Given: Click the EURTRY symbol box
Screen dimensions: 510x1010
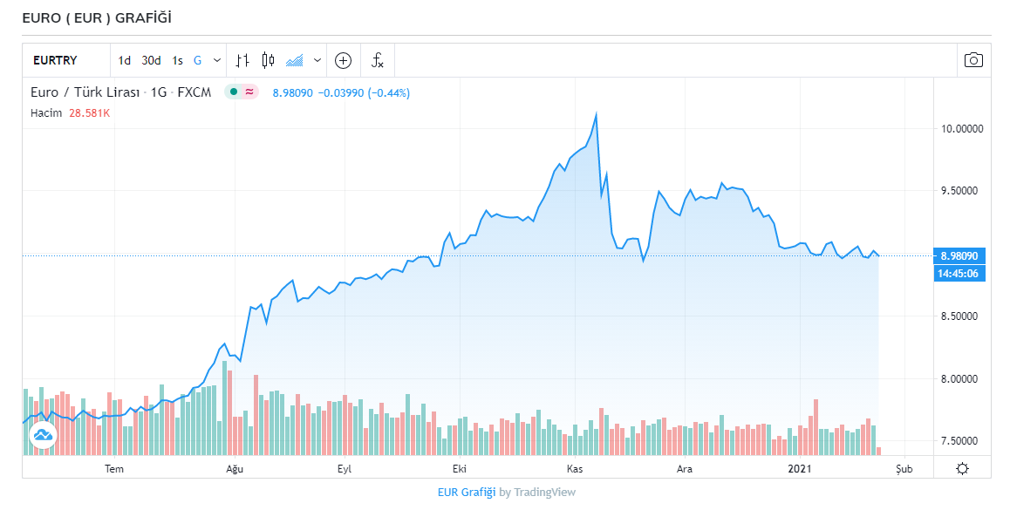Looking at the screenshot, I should pos(55,60).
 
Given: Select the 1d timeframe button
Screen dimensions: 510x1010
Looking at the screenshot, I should pos(125,60).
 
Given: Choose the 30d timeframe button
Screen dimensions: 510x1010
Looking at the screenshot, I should pos(152,60).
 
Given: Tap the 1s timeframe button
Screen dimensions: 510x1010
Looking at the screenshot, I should pos(177,60).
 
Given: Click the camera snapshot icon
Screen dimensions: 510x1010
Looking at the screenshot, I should pos(973,60).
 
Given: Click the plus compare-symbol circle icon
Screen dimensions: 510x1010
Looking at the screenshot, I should pos(344,60).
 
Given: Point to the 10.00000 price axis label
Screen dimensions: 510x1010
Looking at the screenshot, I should pos(961,129).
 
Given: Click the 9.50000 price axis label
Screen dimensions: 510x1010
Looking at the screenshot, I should pos(961,191).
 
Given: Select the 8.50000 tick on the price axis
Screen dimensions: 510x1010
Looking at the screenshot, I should pos(961,316).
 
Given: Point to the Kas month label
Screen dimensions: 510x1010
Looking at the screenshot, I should pos(575,469).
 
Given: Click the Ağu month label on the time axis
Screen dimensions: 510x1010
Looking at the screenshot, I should pos(235,469).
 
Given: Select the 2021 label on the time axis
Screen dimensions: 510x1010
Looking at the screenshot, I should pos(801,469).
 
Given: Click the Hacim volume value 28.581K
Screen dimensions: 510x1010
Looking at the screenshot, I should pos(90,113).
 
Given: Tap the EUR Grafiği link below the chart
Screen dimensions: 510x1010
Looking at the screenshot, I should pos(467,492).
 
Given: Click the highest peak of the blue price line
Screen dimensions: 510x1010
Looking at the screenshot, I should pos(596,114).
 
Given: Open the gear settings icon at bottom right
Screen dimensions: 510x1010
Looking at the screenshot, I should pos(962,469).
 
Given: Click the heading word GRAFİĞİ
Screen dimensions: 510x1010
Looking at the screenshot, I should pos(145,17).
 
